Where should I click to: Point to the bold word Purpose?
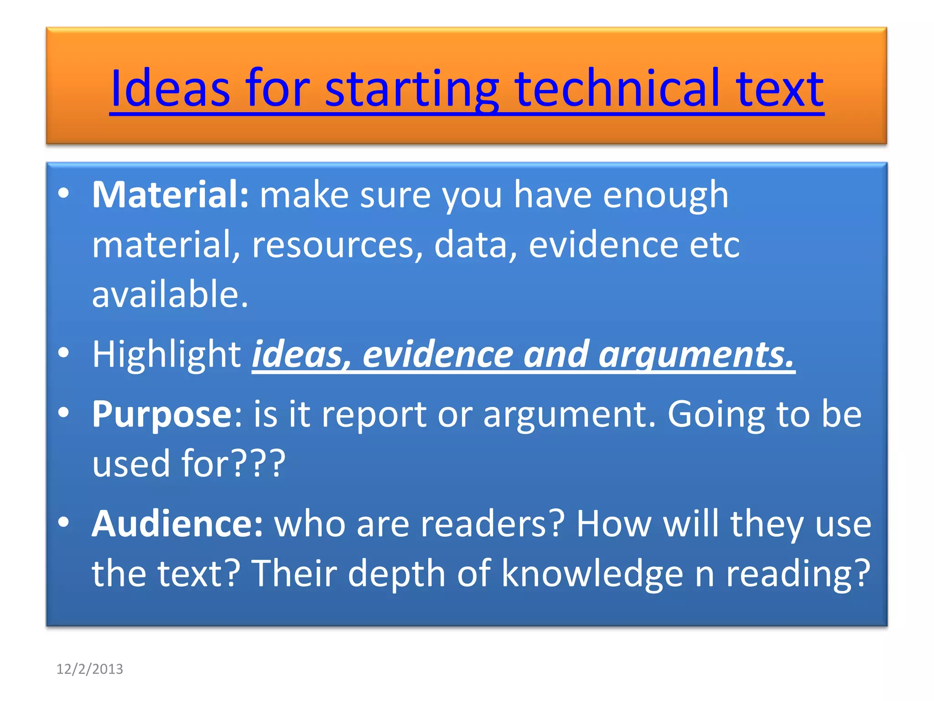point(162,414)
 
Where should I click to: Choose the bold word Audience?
point(177,524)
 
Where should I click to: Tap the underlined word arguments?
point(696,355)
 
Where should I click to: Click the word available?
point(170,294)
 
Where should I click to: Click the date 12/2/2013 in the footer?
point(89,669)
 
